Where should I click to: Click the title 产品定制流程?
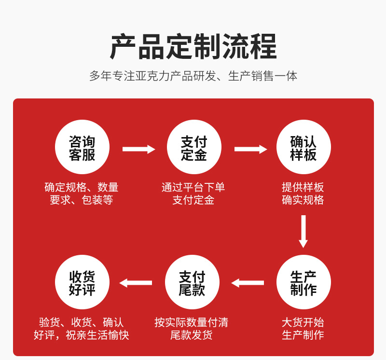point(193,47)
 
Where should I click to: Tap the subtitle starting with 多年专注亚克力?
point(193,76)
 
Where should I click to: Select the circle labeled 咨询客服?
point(82,147)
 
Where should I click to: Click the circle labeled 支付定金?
point(194,147)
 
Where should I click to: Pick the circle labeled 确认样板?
point(303,147)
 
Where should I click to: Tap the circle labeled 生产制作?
point(303,282)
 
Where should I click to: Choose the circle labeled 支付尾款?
point(192,282)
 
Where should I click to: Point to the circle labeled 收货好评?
point(82,282)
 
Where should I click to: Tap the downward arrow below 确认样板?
point(303,231)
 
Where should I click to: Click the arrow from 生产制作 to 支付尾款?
point(248,283)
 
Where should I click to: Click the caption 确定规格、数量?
point(82,187)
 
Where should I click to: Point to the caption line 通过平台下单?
point(193,187)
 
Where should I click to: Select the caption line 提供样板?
point(303,187)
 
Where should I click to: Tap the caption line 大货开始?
point(303,322)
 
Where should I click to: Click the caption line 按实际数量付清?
point(192,322)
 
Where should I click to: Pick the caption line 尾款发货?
point(192,335)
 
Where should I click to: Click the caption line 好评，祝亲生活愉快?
point(82,335)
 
